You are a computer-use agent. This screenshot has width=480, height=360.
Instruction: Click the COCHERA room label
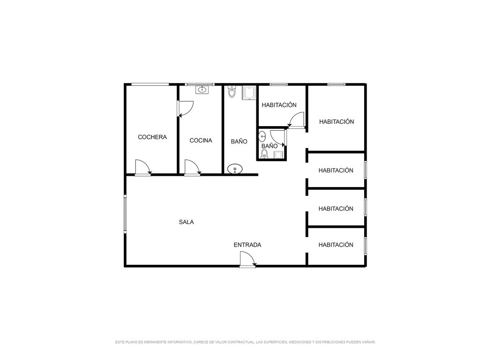coord(152,137)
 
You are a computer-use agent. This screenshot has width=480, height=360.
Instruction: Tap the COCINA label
coord(201,141)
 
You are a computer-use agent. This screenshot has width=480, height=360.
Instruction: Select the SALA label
coord(187,222)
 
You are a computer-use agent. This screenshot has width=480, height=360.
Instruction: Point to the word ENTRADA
coord(247,245)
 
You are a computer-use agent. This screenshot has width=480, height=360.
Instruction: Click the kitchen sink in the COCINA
coord(202,90)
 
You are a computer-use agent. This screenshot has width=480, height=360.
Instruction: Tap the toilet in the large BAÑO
coord(232,91)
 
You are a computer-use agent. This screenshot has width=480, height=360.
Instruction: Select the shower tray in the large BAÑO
coord(249,93)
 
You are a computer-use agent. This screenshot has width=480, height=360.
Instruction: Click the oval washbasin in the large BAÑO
coord(235,169)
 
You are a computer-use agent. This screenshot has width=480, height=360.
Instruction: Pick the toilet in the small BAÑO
coord(264,154)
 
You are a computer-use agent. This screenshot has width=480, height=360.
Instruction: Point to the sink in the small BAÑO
coord(262,136)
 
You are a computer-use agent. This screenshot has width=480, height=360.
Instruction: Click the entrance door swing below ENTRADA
coord(247,259)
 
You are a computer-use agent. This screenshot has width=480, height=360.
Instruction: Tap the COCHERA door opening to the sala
coord(142,167)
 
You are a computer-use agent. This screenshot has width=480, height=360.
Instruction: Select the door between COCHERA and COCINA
coord(186,109)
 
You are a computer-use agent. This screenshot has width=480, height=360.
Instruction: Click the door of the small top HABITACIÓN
coord(296,119)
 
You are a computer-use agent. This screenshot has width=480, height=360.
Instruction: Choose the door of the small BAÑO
coord(277,138)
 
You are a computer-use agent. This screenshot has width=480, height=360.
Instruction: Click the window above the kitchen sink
coord(199,84)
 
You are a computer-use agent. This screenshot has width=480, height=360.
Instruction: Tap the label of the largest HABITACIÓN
coord(337,122)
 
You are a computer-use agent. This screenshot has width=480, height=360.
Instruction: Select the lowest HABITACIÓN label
coord(336,245)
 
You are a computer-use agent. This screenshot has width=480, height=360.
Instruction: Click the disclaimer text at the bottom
coord(246,342)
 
